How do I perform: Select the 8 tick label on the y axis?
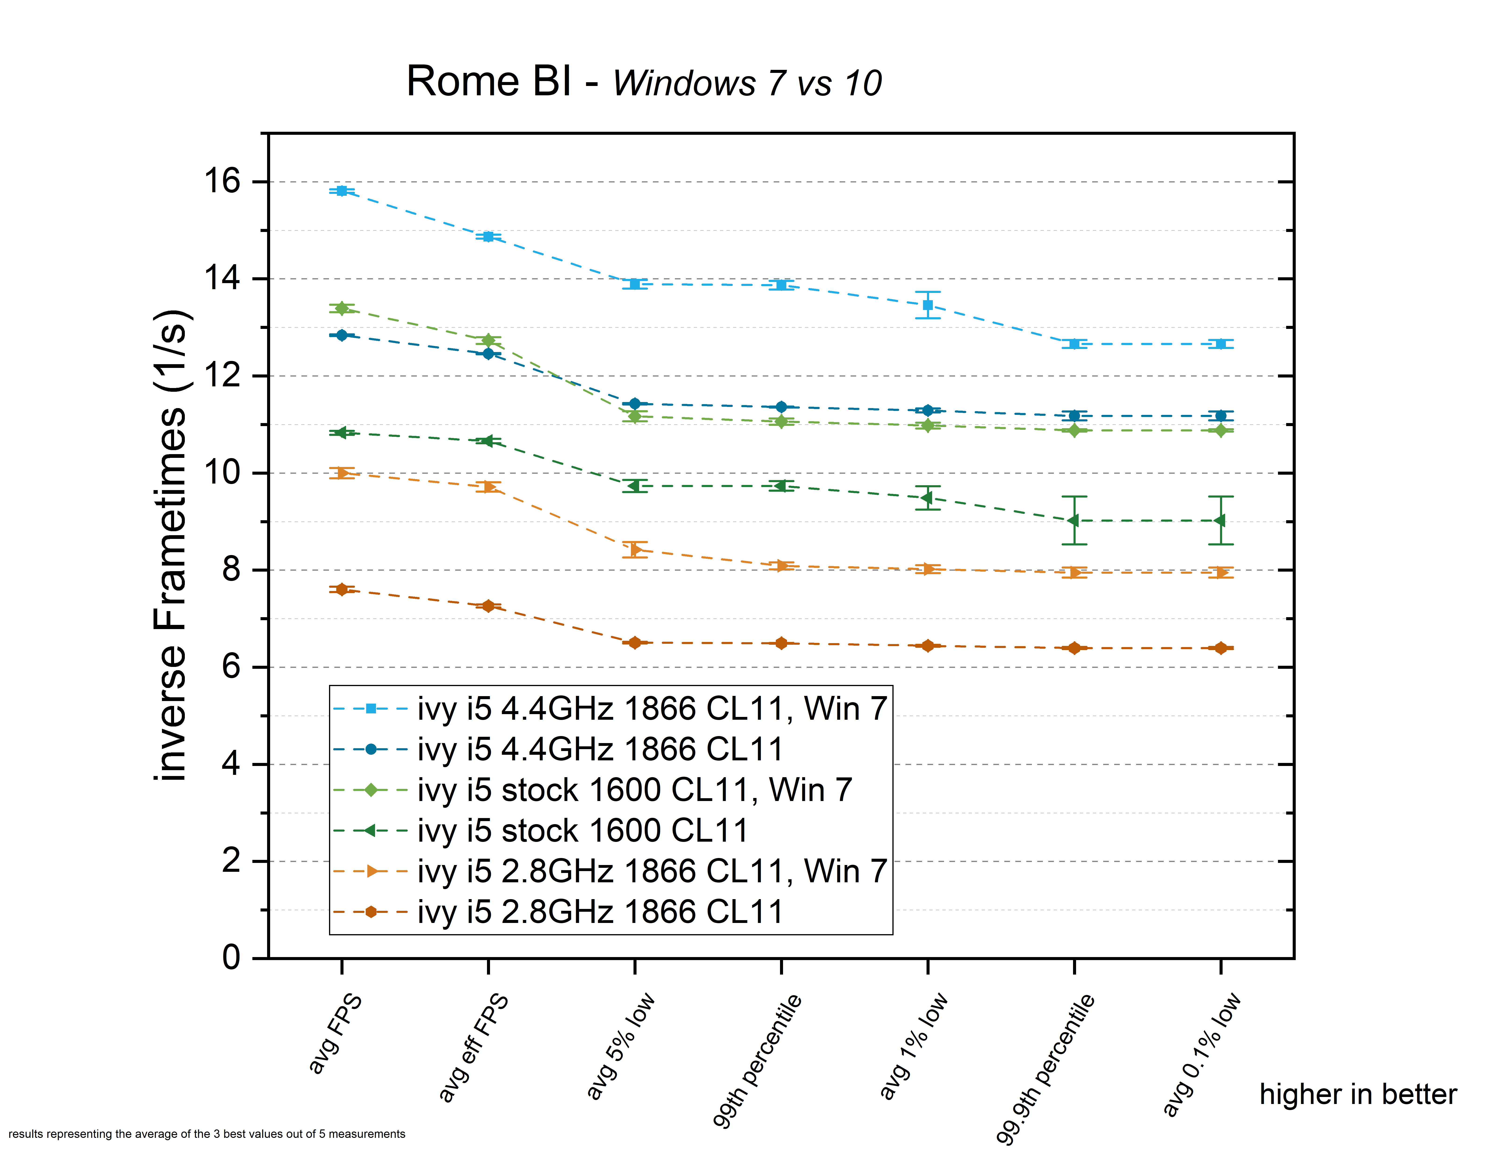231,570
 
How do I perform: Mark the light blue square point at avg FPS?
342,191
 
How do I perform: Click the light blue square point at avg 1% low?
928,305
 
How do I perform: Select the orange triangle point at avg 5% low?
635,549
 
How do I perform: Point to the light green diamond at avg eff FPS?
488,340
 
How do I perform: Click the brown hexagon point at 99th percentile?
781,644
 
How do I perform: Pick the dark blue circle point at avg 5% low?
635,404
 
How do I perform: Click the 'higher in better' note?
1358,1095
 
